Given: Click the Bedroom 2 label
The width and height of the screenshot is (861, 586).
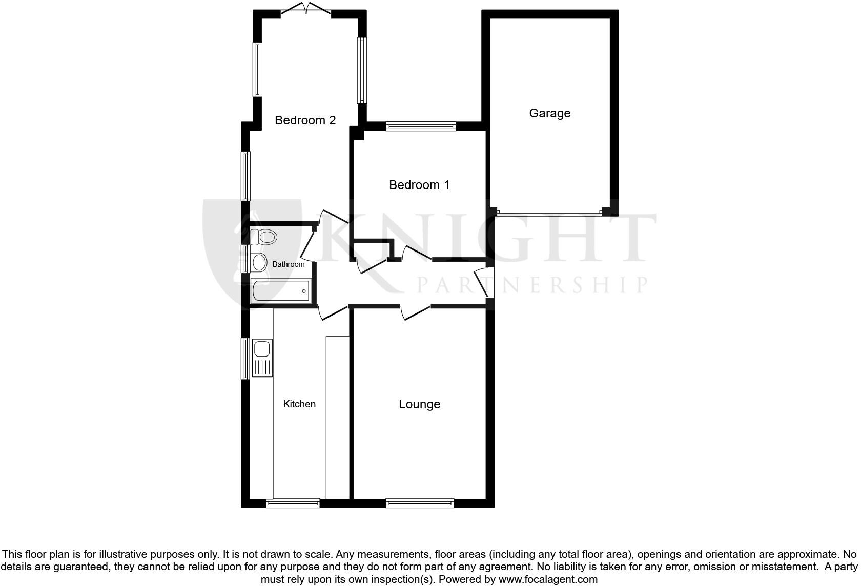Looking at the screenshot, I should tap(305, 120).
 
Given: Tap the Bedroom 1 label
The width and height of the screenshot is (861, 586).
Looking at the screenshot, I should tap(419, 185).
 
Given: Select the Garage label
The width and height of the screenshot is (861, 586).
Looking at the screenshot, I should tap(549, 113).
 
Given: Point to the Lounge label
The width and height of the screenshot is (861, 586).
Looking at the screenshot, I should tap(419, 404).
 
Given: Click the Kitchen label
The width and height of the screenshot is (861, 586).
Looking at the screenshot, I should tap(299, 404).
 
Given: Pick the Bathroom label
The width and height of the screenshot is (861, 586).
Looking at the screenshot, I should tap(288, 264).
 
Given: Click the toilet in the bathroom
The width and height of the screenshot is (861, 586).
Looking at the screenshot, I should tap(264, 237).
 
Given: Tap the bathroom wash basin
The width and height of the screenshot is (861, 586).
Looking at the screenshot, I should tap(259, 262).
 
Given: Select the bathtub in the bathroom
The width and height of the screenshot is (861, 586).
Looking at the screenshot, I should tap(281, 291).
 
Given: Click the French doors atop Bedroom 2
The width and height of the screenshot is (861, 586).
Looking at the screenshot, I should tap(306, 9).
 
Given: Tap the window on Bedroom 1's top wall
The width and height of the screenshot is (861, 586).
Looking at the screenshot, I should tap(421, 126).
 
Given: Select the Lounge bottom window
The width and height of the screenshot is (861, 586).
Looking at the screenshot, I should tap(420, 504).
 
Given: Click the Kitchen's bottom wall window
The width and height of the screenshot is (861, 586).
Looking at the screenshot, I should tap(293, 504).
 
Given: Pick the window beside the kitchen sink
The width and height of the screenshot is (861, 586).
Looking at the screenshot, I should tap(245, 358).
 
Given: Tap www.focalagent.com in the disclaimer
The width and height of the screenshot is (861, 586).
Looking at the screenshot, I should tap(548, 579).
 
